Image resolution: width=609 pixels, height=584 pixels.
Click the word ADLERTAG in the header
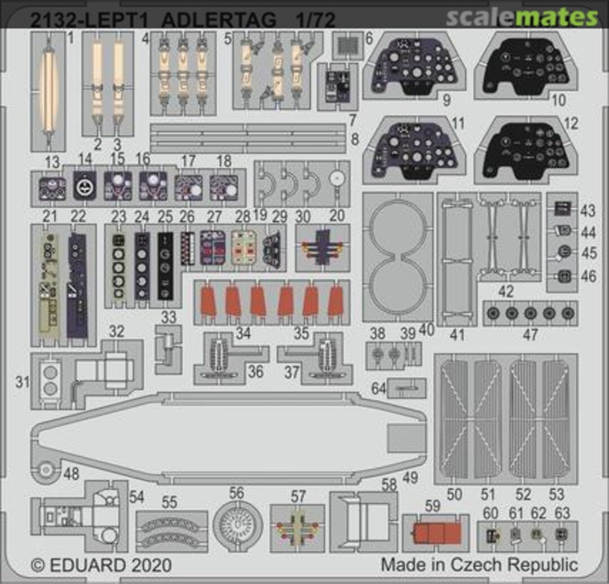coord(220,20)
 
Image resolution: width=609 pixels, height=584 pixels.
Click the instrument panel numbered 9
coord(414,65)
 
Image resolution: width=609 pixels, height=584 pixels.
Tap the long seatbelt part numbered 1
coord(47,90)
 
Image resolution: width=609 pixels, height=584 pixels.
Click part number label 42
coord(506,292)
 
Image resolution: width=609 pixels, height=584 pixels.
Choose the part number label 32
coord(117,331)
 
